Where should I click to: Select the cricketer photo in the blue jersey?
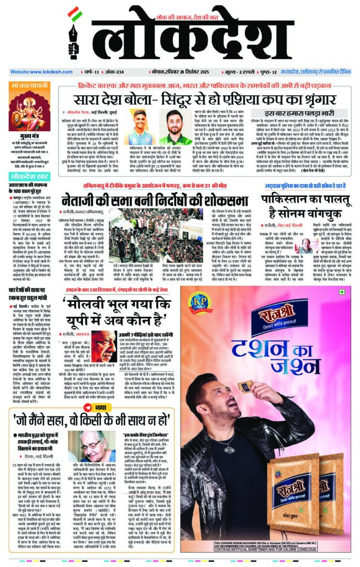(x=140, y=127)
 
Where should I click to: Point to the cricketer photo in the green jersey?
(x=176, y=127)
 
